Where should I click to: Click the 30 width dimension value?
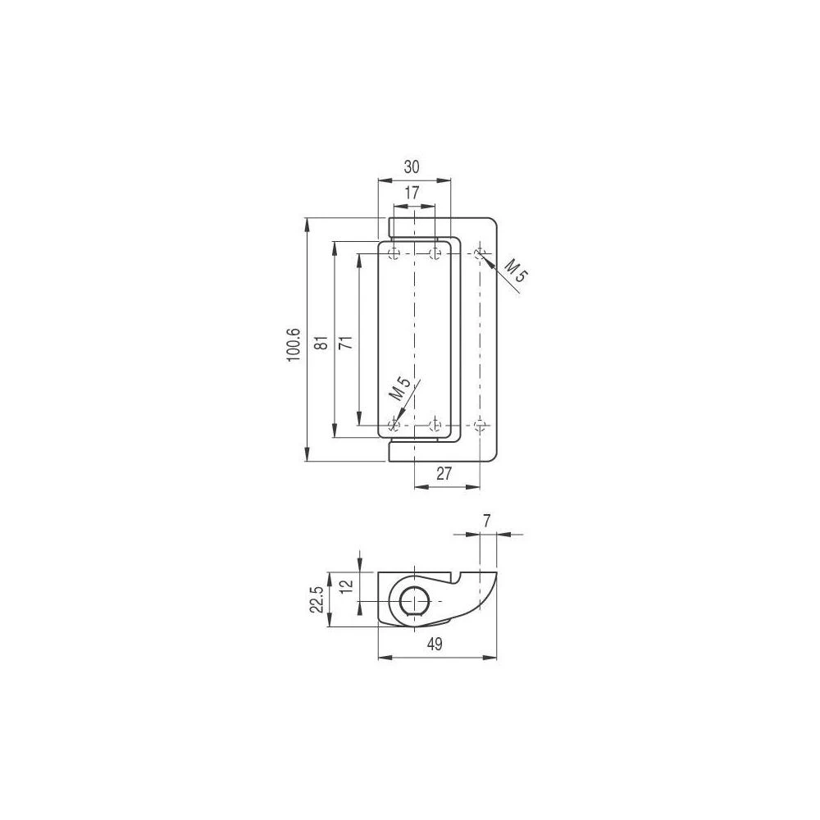pos(412,166)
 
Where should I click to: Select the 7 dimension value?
pos(487,521)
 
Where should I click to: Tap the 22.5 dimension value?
pos(317,600)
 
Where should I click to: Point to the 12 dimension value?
pos(346,586)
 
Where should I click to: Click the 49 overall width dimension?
pos(435,645)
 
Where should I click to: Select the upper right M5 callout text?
pos(514,271)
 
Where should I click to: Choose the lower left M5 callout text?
pos(400,389)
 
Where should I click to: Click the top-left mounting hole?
pos(394,252)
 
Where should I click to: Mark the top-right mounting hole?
pos(481,252)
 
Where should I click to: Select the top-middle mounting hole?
pos(436,252)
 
